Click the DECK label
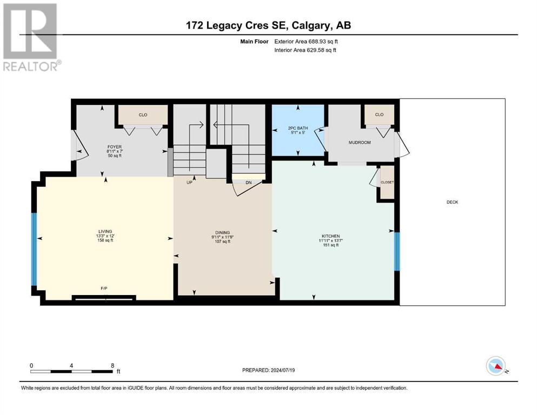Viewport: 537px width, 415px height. (452, 202)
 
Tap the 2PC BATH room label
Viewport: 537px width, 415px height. (298, 128)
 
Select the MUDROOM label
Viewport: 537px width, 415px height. (360, 142)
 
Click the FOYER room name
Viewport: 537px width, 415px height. (115, 147)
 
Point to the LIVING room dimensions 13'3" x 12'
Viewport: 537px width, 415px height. (105, 236)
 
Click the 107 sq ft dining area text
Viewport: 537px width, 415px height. (222, 242)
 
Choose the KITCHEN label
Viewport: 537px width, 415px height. (330, 236)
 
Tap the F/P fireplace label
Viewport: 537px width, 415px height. (104, 289)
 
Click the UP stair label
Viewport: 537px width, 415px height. (189, 183)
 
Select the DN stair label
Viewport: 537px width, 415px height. (249, 183)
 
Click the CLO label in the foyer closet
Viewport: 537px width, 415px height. (143, 115)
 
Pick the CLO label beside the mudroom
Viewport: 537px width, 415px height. (379, 115)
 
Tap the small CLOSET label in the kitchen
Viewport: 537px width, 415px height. (387, 182)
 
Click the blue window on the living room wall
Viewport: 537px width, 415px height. (34, 250)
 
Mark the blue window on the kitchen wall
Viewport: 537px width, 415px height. (397, 251)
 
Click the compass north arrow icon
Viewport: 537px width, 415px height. (496, 366)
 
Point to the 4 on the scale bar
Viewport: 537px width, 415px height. (71, 366)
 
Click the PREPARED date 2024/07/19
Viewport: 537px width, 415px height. (282, 370)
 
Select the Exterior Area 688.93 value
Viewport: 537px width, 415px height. (316, 42)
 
